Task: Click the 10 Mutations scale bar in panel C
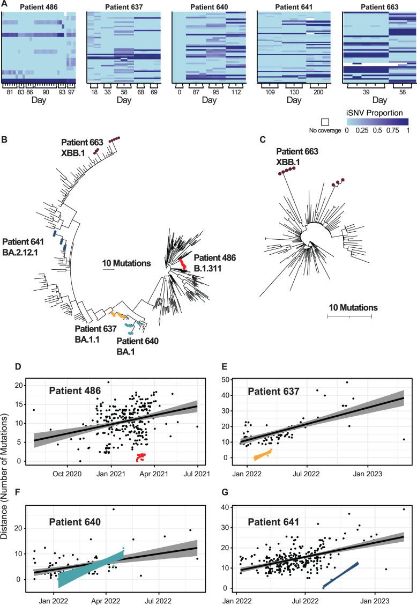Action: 349,316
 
